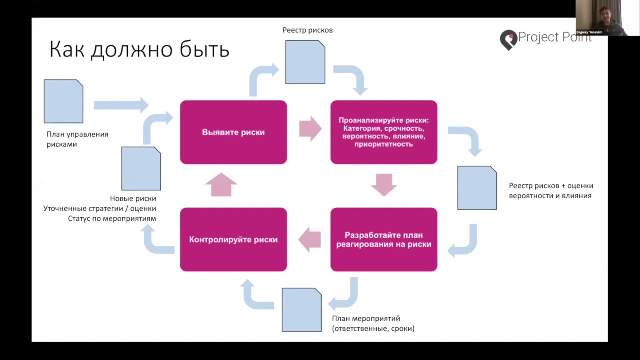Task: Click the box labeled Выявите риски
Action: pos(233,132)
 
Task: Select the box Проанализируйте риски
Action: pos(384,132)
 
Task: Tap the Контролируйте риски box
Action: pos(233,240)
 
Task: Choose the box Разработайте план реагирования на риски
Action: pos(384,240)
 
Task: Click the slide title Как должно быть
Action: pos(139,50)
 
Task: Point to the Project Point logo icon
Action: pos(508,40)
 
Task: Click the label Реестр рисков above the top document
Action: pos(307,30)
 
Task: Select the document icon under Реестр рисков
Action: pos(305,62)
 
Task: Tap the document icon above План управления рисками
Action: pos(63,101)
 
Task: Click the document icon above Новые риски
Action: pos(141,168)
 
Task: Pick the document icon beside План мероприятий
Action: pos(302,310)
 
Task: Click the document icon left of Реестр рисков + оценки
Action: pos(477,188)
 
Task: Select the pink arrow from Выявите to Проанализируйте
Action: pos(310,129)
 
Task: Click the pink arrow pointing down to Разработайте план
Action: pos(384,184)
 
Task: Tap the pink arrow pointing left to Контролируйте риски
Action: pos(310,239)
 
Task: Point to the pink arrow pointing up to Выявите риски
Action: pos(221,184)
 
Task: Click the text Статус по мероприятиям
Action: pos(112,219)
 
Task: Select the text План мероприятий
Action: pos(366,318)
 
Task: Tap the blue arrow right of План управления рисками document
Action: pos(121,105)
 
